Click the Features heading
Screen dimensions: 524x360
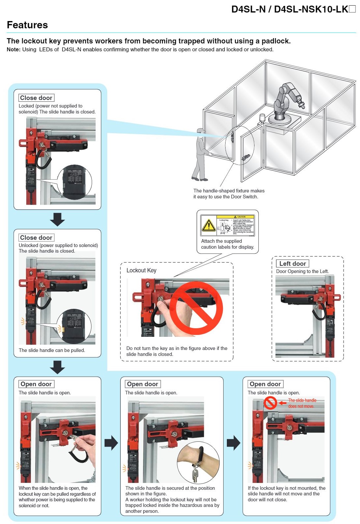point(27,25)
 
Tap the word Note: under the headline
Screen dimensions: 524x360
point(13,50)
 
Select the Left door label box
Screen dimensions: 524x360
point(292,263)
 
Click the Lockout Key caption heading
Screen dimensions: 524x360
point(141,270)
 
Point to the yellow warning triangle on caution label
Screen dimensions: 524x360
point(208,226)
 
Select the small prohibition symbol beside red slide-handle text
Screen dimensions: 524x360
point(270,403)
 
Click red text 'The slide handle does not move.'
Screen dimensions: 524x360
point(302,403)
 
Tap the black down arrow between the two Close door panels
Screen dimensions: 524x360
point(58,219)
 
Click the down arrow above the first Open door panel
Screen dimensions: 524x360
point(58,367)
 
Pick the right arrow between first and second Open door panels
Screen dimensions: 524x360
point(111,443)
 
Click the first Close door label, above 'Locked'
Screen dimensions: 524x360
point(36,98)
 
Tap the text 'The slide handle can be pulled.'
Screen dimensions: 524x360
point(52,350)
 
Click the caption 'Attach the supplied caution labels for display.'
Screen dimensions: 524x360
point(228,244)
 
